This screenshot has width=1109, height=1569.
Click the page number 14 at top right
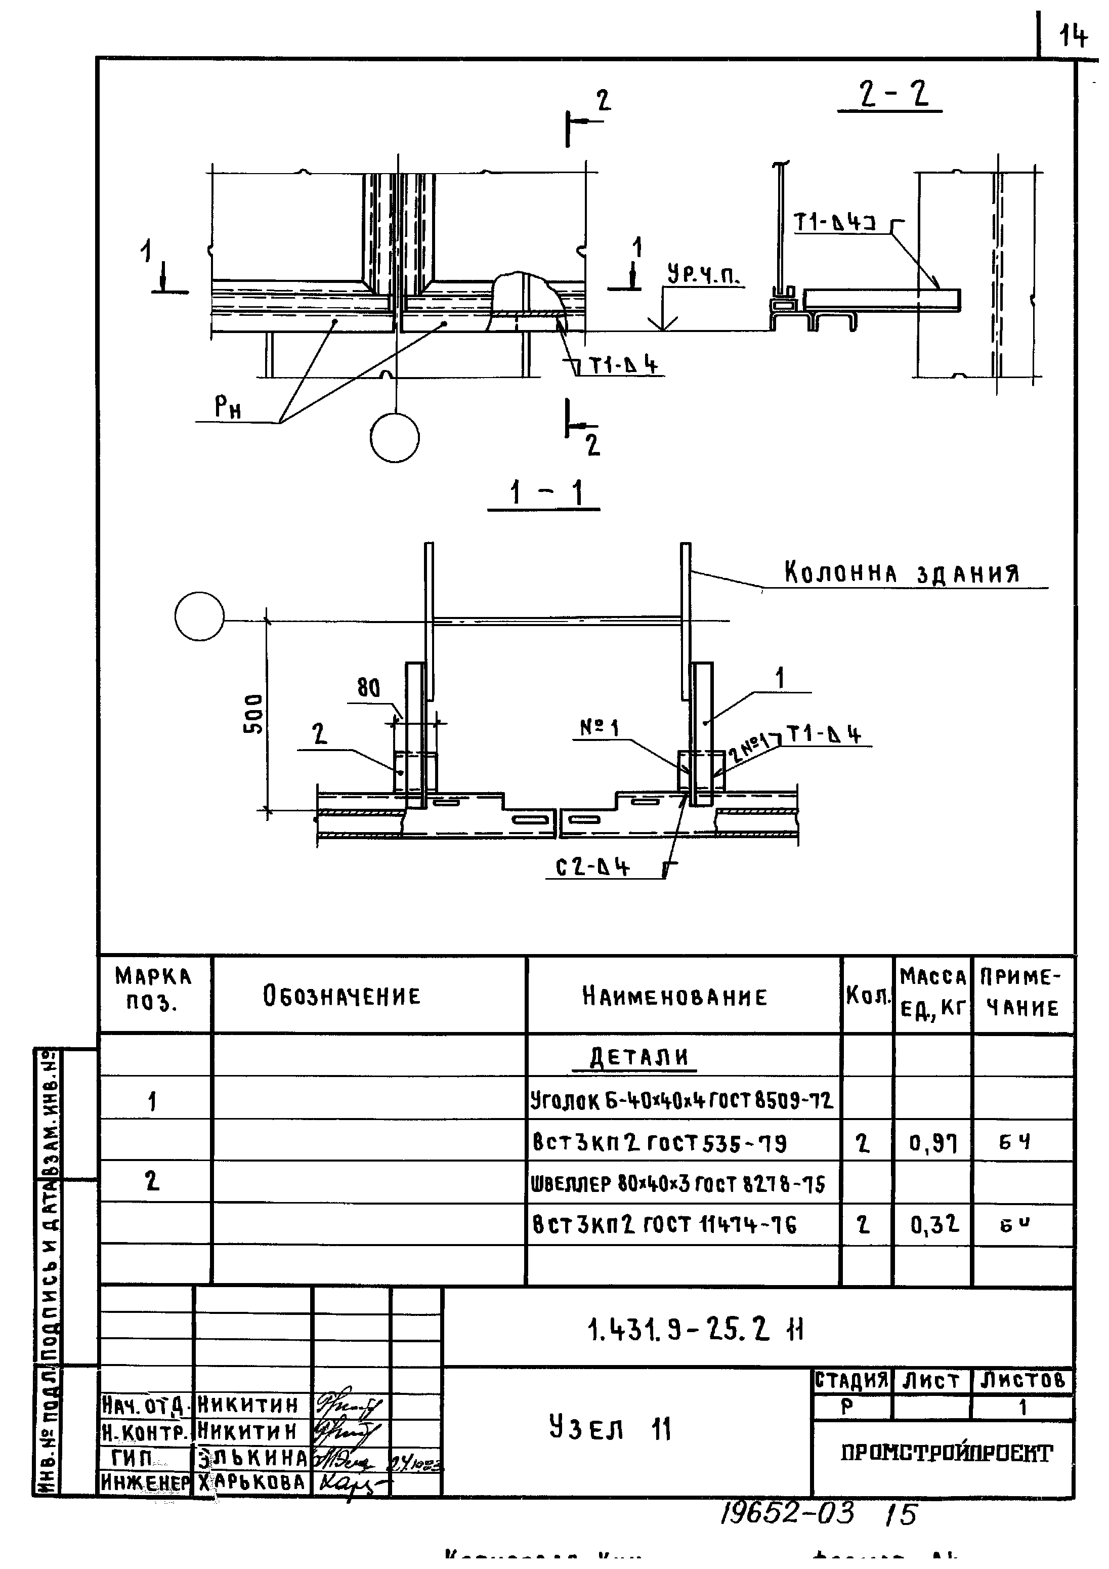click(1073, 35)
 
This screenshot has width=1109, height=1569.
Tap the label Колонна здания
click(901, 572)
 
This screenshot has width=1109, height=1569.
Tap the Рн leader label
click(228, 408)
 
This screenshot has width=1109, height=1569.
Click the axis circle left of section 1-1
click(199, 616)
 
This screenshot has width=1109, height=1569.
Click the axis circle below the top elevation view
click(394, 438)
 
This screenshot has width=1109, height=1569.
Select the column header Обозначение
click(342, 997)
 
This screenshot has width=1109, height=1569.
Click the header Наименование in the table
click(674, 997)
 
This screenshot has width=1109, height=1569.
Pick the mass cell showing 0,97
click(933, 1142)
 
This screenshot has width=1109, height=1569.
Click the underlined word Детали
click(639, 1058)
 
